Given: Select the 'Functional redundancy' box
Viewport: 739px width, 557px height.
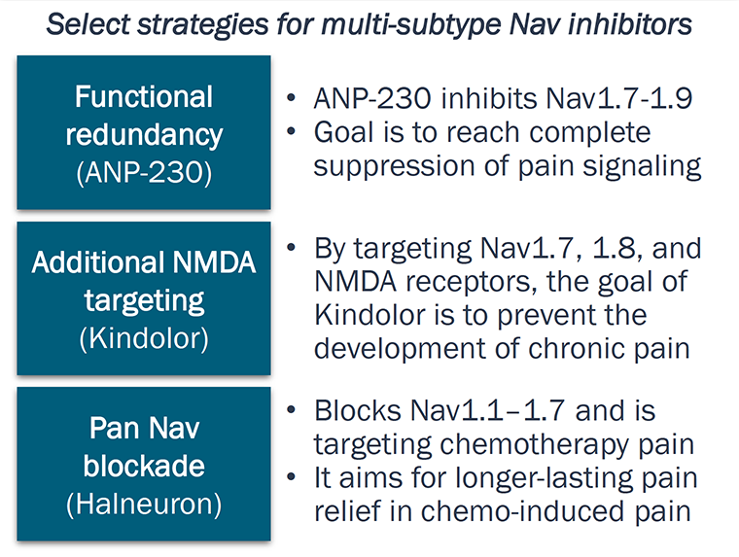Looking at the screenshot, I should pos(143,132).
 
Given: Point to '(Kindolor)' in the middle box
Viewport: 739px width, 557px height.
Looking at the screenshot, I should pos(144,339).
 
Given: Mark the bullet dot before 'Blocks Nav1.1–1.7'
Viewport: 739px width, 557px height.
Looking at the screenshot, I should pos(293,412).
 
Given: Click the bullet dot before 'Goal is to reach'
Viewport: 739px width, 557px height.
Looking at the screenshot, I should pos(293,132).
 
